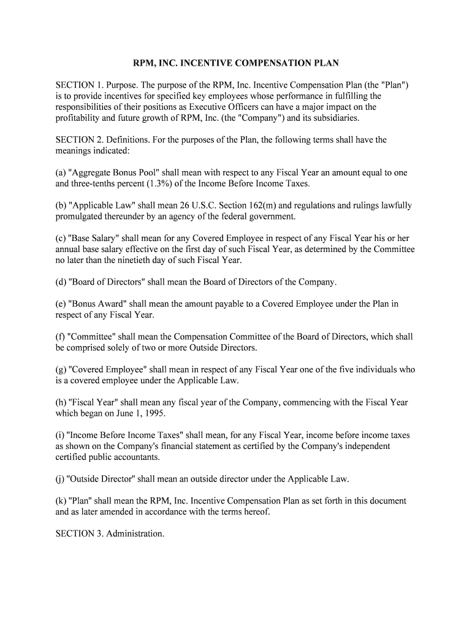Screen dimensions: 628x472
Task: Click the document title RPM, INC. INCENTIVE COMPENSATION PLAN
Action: coord(236,63)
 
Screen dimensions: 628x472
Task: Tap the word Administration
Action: coord(135,534)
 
